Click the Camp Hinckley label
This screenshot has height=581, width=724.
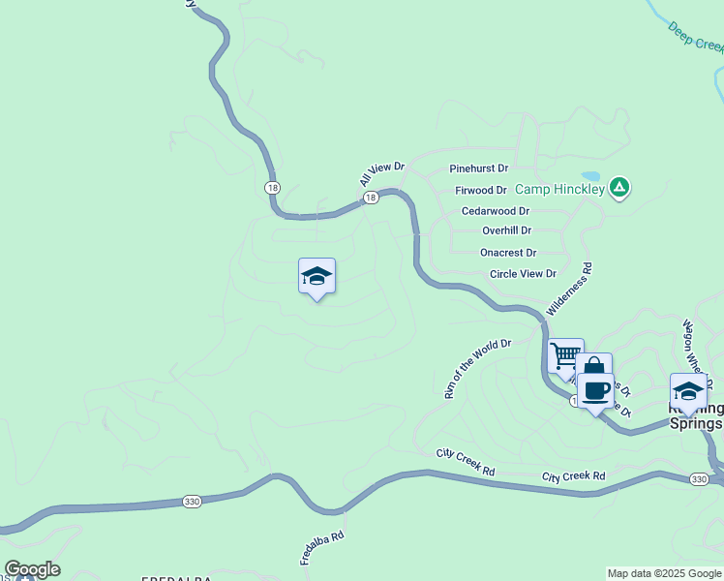[559, 189]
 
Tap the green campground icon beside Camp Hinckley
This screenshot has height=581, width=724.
[619, 188]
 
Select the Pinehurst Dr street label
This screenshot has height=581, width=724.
[479, 168]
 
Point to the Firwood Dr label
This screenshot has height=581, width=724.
[481, 191]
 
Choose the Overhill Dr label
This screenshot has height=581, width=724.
[506, 230]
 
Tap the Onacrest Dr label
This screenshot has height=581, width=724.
[508, 253]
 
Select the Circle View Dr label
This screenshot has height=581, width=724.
[523, 274]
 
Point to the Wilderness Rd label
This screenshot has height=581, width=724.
[569, 287]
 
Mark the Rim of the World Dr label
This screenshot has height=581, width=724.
[476, 369]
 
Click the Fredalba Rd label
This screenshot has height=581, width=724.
[322, 548]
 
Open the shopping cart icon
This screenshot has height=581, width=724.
[564, 354]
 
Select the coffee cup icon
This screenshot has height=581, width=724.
[595, 390]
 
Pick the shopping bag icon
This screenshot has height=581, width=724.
[592, 367]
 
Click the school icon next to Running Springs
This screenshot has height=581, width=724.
[688, 391]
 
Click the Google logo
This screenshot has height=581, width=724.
[32, 569]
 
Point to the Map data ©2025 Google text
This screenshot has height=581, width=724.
[664, 573]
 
